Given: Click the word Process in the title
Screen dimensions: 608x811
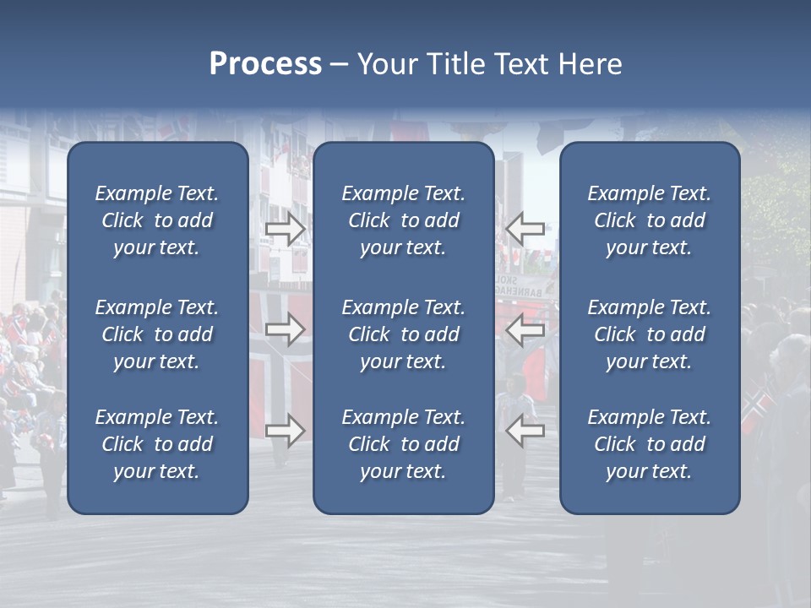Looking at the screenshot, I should point(265,64).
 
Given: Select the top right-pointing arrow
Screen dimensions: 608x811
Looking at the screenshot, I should point(286,229).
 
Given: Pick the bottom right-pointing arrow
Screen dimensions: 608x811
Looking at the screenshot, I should point(286,431).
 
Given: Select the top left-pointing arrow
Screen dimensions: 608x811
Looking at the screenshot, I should point(525,228).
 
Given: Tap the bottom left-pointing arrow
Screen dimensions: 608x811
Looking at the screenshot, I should point(525,431).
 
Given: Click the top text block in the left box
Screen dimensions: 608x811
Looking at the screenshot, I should point(157,220).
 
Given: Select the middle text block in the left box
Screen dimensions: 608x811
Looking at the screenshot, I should point(157,334).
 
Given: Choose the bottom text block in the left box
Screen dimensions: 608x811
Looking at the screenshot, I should point(157,444).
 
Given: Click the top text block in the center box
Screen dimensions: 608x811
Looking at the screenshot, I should point(404,220).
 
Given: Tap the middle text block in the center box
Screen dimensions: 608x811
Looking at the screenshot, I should point(404,334).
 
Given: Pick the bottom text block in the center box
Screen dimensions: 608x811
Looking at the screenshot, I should point(404,444).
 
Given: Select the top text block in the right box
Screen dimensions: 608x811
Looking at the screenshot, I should point(650,220).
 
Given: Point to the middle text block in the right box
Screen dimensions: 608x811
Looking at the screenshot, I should point(650,334).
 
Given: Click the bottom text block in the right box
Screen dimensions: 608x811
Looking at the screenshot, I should point(650,444).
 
